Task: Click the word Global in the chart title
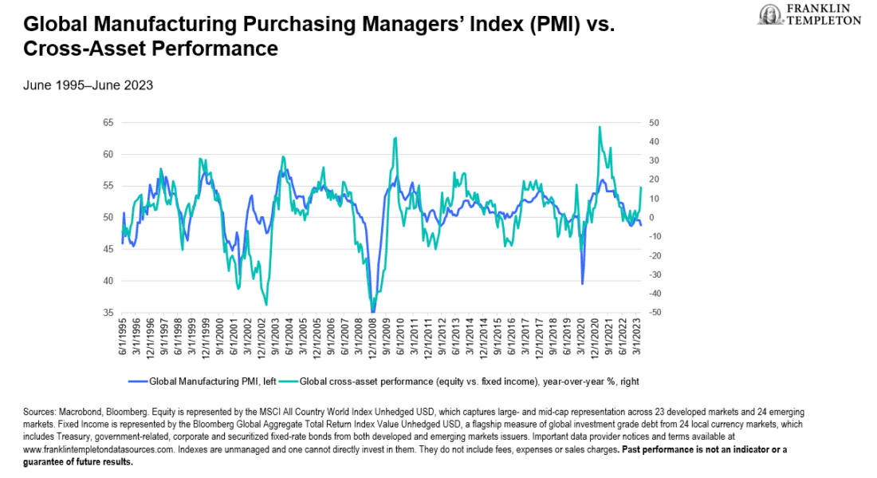45,24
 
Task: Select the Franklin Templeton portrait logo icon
769,14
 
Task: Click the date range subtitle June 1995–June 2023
88,85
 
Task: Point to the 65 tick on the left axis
108,123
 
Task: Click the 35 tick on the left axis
108,313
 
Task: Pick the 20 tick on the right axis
655,180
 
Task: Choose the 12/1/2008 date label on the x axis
373,339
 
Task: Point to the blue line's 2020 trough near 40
582,283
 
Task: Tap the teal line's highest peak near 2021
600,127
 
